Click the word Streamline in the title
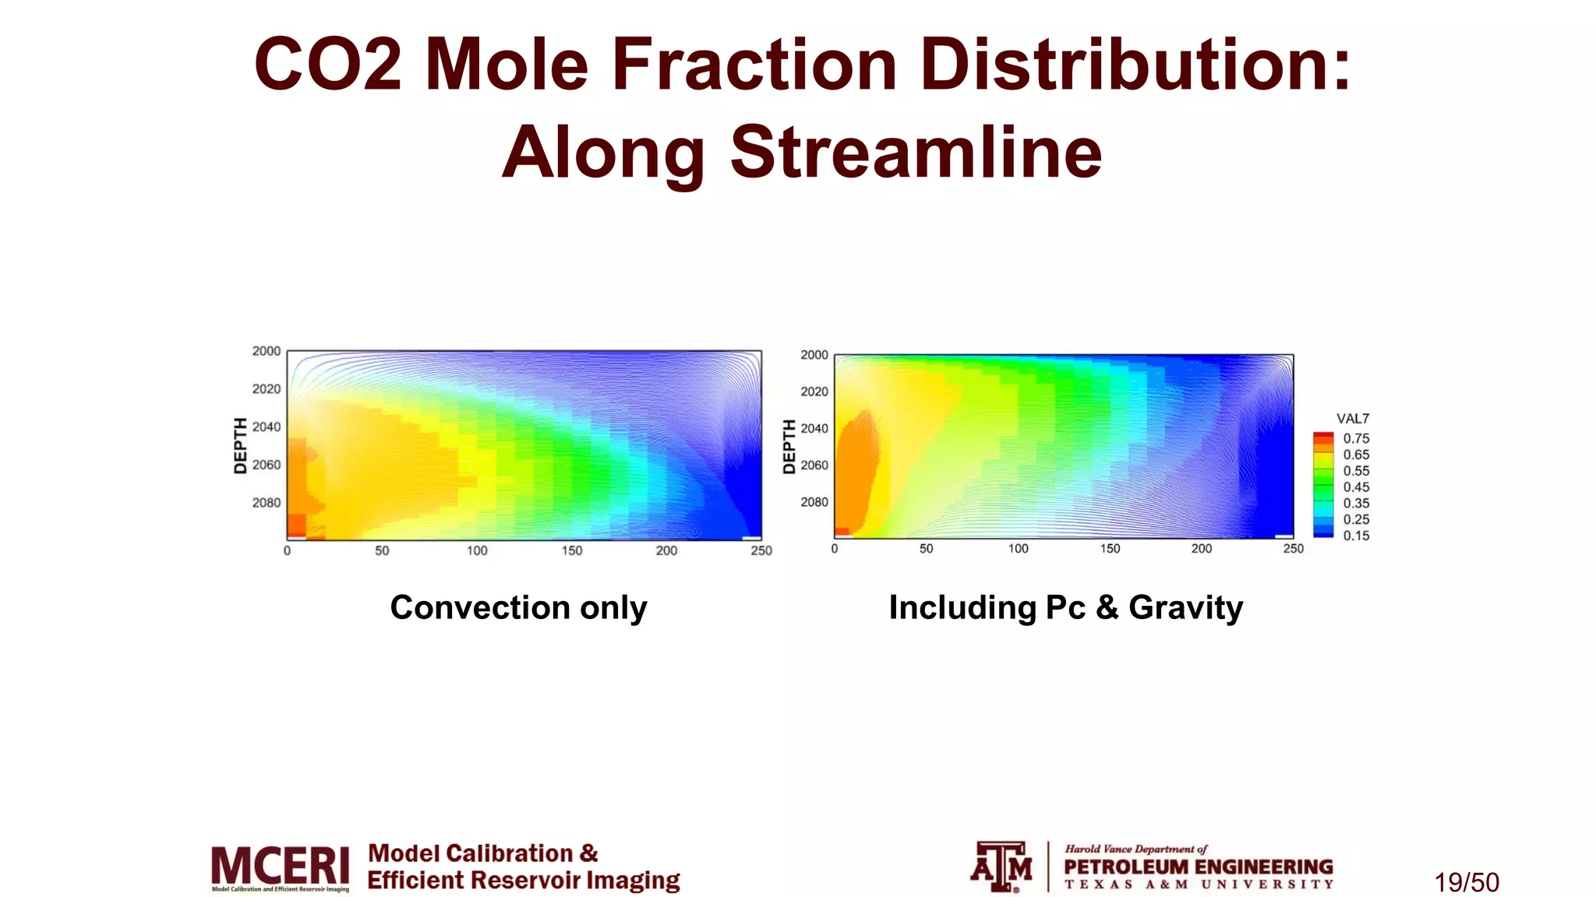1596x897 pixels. click(x=916, y=152)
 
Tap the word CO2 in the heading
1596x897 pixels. click(x=327, y=65)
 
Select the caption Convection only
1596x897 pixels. click(x=518, y=607)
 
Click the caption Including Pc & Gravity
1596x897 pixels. click(x=1065, y=607)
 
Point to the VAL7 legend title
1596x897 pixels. click(x=1353, y=419)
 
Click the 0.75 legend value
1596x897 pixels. click(x=1356, y=438)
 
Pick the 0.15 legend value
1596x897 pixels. click(x=1356, y=536)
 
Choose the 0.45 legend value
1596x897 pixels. click(x=1356, y=487)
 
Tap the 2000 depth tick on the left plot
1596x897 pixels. click(x=266, y=351)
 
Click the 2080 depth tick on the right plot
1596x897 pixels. click(x=814, y=502)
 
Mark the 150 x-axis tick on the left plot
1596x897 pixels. click(x=572, y=551)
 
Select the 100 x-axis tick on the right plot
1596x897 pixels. click(x=1018, y=549)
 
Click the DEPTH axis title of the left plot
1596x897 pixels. click(x=240, y=445)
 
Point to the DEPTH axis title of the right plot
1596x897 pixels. click(x=789, y=446)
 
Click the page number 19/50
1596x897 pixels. click(x=1467, y=882)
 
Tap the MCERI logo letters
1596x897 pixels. click(x=280, y=865)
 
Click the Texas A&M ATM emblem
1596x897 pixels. click(x=1001, y=866)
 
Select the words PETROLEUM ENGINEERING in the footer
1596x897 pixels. click(x=1198, y=867)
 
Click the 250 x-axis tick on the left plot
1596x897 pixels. click(x=761, y=551)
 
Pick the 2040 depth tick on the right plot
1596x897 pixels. click(x=814, y=428)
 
